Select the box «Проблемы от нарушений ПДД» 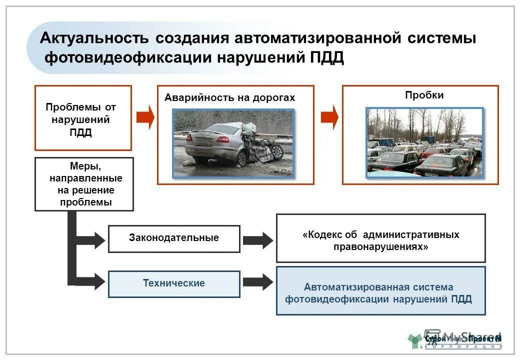[83, 118]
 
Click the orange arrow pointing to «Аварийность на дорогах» [145, 118]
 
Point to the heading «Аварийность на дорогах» [229, 98]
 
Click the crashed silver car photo [233, 143]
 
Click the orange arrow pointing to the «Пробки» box [329, 118]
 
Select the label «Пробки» [424, 95]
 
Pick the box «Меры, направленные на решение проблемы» [84, 184]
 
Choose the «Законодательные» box [174, 238]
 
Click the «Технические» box [174, 283]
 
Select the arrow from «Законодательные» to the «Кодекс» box [257, 240]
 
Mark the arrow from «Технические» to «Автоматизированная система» [257, 282]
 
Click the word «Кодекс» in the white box [322, 234]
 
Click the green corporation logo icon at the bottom [414, 340]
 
